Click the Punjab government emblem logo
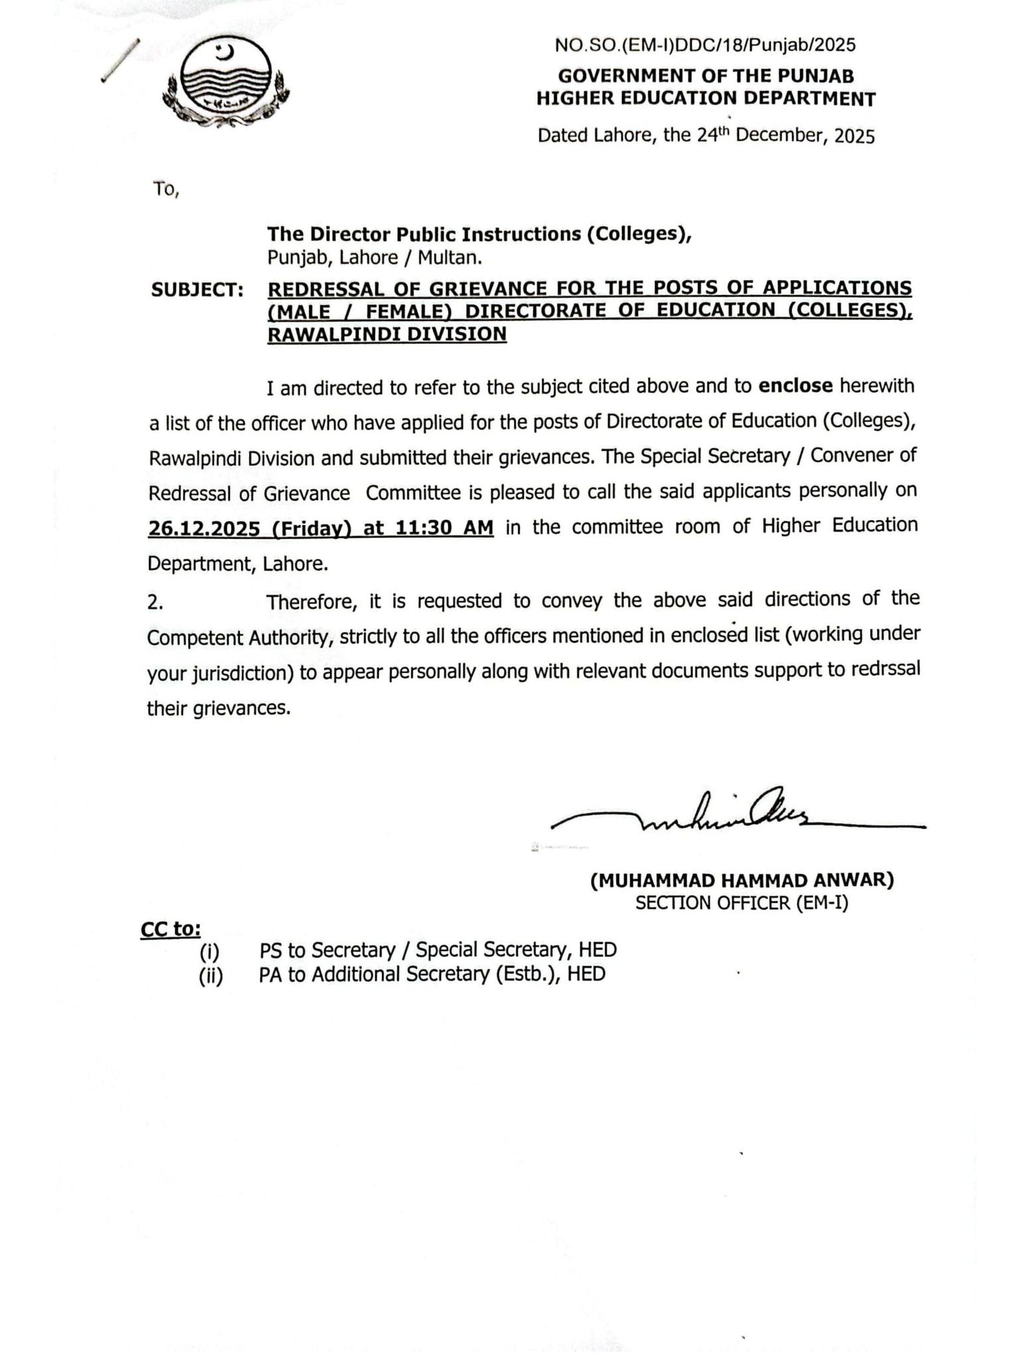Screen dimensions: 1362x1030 (x=226, y=83)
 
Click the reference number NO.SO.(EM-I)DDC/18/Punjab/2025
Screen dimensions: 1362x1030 (x=705, y=45)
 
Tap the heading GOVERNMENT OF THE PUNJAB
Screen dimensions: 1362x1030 (x=705, y=76)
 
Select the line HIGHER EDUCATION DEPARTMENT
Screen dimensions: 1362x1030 (x=705, y=99)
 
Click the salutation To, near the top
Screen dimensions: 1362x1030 (x=166, y=190)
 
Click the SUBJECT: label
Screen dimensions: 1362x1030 (x=197, y=290)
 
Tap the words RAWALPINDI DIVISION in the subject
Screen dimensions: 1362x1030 (x=387, y=334)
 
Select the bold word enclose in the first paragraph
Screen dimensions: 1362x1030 (x=795, y=386)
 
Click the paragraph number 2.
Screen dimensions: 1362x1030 (x=155, y=603)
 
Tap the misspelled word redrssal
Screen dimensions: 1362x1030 (x=888, y=669)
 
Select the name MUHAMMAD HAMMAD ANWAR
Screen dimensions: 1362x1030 (x=742, y=880)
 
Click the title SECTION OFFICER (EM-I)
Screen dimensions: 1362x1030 (x=742, y=903)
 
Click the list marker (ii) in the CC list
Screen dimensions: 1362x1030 (x=211, y=976)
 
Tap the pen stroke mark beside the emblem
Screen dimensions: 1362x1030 (x=121, y=60)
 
